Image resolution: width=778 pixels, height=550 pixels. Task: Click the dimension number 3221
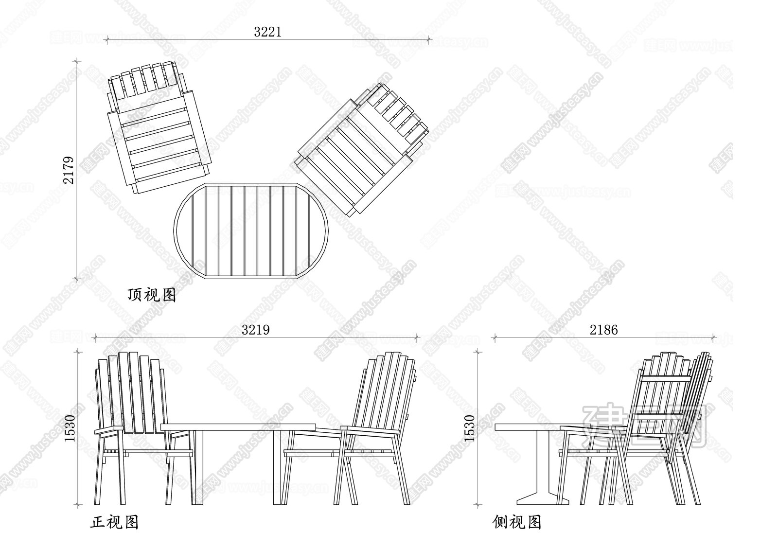pyautogui.click(x=267, y=32)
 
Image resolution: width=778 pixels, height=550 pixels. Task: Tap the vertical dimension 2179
pyautogui.click(x=69, y=170)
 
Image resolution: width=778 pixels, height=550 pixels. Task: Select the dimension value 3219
pyautogui.click(x=256, y=330)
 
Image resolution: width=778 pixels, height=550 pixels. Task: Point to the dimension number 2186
pyautogui.click(x=603, y=330)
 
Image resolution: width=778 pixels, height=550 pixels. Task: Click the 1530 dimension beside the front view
pyautogui.click(x=70, y=428)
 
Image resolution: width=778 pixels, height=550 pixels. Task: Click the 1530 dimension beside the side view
pyautogui.click(x=470, y=428)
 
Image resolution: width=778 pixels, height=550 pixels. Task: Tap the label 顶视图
pyautogui.click(x=152, y=295)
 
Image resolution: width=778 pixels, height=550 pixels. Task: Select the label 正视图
pyautogui.click(x=115, y=522)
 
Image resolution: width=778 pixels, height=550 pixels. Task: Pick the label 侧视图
pyautogui.click(x=517, y=522)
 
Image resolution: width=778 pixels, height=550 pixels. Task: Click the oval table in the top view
pyautogui.click(x=251, y=231)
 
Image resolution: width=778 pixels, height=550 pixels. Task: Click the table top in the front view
pyautogui.click(x=238, y=427)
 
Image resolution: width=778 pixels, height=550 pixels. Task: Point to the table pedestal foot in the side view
pyautogui.click(x=543, y=501)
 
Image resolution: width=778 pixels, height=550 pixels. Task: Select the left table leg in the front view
pyautogui.click(x=198, y=468)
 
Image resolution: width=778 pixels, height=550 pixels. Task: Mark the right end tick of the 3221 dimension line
pyautogui.click(x=428, y=40)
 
